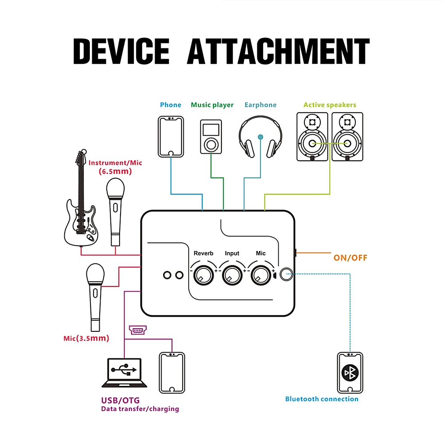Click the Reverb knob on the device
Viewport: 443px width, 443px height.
203,275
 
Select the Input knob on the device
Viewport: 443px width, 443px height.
232,275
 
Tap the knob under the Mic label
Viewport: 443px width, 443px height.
261,275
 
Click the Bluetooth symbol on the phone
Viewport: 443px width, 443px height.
350,373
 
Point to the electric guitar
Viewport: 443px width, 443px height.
81,198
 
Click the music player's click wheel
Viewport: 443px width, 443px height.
211,145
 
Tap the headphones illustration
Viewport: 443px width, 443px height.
260,136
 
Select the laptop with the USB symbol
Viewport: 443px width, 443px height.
124,373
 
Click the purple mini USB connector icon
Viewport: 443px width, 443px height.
138,330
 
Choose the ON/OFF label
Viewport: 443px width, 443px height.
350,258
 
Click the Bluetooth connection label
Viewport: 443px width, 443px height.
322,399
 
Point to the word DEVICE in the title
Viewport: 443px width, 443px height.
121,51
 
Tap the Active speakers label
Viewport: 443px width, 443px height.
330,105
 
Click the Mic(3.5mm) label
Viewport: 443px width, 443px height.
86,338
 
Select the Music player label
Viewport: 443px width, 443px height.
212,105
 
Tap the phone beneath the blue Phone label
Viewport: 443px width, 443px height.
171,136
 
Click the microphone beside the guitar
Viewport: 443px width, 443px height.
115,212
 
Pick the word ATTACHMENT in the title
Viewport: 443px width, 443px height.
278,51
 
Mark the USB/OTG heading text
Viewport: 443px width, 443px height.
120,400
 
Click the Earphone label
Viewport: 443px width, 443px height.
260,105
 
